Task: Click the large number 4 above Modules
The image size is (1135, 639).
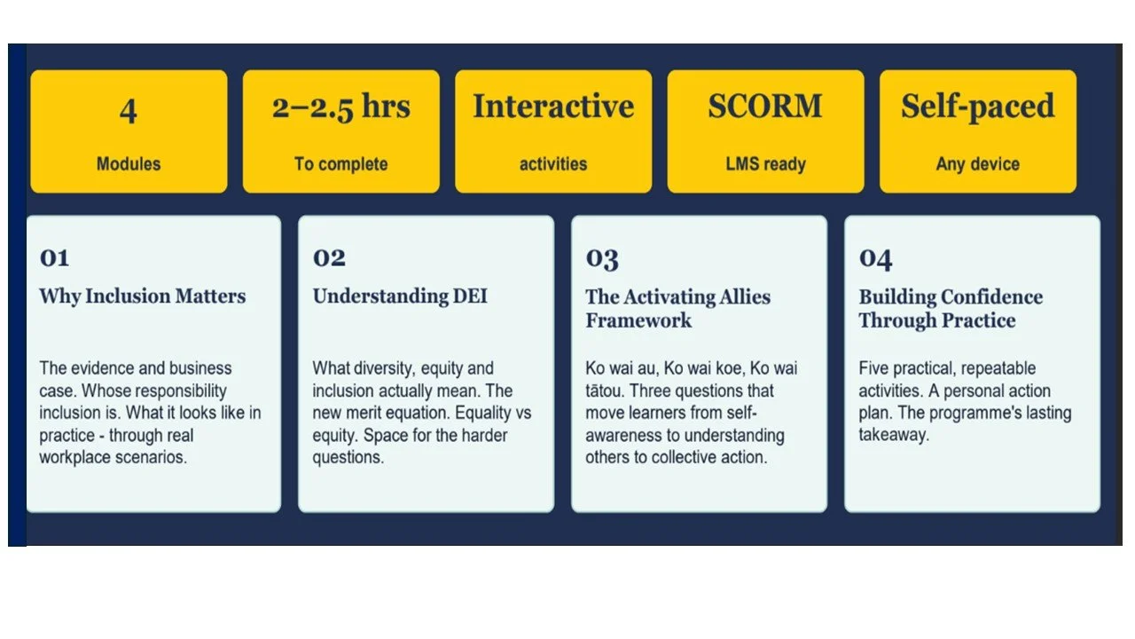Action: [x=129, y=111]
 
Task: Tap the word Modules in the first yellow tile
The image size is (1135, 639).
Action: [x=129, y=164]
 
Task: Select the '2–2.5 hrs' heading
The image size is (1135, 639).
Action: [x=341, y=107]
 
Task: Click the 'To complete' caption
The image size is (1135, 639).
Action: [x=341, y=164]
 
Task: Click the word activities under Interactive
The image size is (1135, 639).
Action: [x=553, y=164]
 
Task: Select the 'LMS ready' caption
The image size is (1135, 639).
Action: [x=765, y=164]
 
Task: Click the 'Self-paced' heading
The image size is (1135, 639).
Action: [x=978, y=107]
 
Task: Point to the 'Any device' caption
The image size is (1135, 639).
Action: [x=978, y=164]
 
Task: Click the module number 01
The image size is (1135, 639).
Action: [x=54, y=257]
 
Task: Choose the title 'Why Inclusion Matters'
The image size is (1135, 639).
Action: [x=143, y=296]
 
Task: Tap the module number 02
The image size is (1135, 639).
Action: [x=329, y=257]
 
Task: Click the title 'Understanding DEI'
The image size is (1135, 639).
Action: [x=400, y=296]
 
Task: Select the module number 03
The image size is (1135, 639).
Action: [x=602, y=259]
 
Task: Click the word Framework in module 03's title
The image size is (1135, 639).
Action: [x=638, y=320]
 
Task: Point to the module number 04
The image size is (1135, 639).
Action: [x=875, y=259]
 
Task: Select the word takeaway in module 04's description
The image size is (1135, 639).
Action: [x=894, y=435]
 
